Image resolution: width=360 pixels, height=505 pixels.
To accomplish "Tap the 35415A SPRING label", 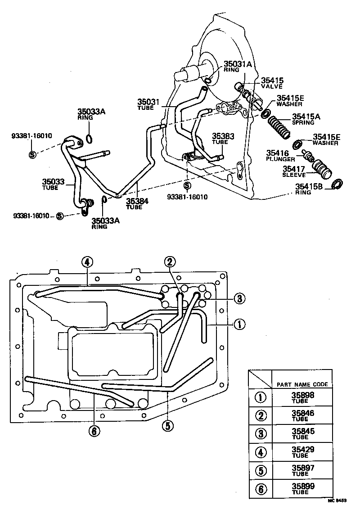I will [306, 119].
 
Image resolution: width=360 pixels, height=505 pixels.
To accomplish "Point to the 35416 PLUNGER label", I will [280, 156].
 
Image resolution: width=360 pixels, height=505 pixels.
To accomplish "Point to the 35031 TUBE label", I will [148, 105].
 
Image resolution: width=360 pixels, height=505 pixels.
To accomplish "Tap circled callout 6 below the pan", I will [94, 431].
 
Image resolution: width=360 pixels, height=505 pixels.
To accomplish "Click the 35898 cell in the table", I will [302, 397].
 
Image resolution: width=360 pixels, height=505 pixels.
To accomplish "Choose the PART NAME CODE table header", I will [302, 384].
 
